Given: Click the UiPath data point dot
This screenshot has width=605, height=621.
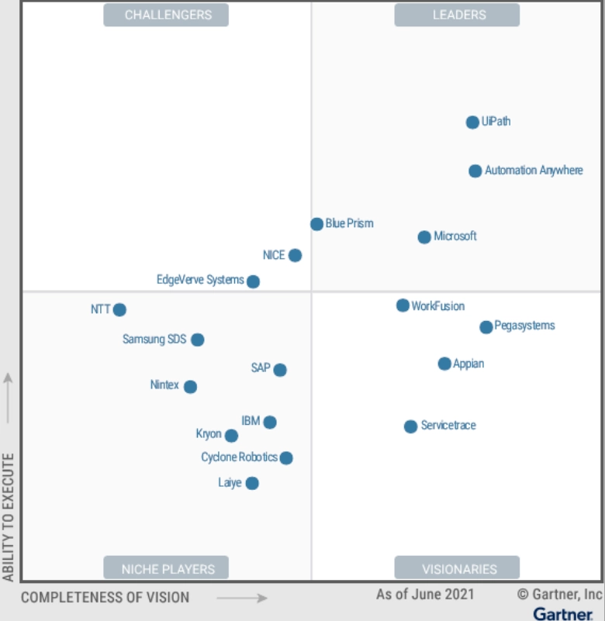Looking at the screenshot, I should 472,122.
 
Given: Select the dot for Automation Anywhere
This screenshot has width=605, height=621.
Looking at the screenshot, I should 475,171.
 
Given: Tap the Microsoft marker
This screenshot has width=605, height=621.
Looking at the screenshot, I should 424,237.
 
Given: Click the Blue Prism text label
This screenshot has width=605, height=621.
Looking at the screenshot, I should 349,223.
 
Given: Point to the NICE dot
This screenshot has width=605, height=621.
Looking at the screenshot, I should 295,255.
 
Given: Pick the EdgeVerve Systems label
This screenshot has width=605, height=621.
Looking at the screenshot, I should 200,280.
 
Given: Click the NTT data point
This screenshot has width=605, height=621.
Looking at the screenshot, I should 119,310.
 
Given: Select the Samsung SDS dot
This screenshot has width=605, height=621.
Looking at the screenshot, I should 198,340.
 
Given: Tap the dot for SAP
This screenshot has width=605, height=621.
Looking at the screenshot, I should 280,370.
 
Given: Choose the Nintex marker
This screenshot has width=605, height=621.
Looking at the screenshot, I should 190,387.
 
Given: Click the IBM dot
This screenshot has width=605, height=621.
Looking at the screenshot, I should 269,423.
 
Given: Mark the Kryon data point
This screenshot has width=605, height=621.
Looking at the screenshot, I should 231,436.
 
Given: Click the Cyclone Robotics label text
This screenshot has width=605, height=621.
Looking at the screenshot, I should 239,457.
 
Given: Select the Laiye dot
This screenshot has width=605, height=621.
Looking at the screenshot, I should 252,484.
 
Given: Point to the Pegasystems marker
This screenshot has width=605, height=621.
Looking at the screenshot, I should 486,327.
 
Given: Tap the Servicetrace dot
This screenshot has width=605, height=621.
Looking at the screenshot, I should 411,426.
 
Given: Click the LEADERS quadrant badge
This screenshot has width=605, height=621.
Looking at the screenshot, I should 457,15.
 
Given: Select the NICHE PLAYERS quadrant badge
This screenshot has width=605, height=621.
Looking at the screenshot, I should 166,568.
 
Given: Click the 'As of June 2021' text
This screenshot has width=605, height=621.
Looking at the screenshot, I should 425,595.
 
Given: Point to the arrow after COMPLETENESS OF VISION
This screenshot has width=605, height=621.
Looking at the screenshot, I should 242,598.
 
